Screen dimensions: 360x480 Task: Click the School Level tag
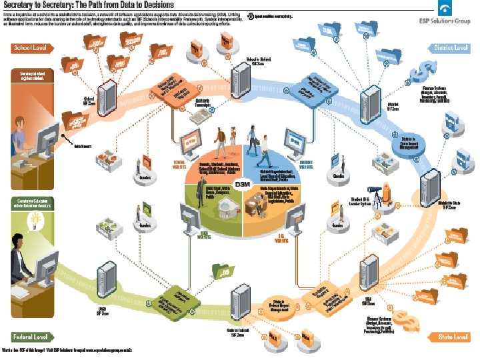click(x=31, y=48)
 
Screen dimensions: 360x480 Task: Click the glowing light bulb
click(x=31, y=219)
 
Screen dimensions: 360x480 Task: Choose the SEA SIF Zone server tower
click(x=367, y=271)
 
